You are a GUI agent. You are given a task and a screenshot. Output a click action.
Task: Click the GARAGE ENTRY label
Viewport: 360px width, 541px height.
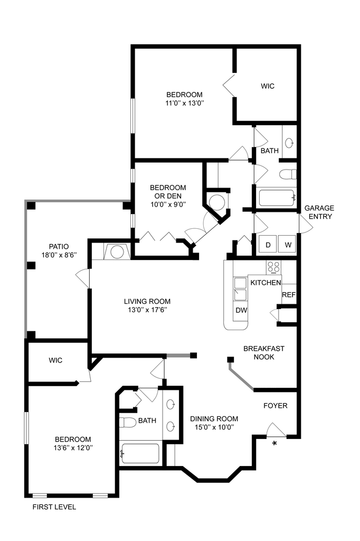click(319, 212)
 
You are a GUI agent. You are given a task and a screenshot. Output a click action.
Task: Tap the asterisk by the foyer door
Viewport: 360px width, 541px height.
click(274, 444)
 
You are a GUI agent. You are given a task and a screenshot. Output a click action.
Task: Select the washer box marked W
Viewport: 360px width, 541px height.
click(288, 245)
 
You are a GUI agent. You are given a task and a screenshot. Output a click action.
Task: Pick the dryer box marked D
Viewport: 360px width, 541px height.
click(268, 245)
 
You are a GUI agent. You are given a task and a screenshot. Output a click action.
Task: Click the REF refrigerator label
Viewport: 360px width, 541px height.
click(288, 295)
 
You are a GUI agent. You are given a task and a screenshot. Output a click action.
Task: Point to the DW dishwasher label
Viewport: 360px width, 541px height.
click(241, 310)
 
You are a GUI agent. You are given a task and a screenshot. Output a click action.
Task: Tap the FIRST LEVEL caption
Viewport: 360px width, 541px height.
click(54, 507)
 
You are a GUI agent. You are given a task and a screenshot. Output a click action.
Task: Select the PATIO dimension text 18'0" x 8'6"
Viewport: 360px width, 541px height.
click(59, 255)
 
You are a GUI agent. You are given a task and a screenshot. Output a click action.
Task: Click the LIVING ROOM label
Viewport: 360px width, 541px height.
click(147, 302)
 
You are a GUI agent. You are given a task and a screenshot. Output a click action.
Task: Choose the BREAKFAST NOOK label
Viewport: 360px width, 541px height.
click(264, 352)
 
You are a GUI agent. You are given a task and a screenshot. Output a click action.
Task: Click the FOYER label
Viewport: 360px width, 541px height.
click(276, 406)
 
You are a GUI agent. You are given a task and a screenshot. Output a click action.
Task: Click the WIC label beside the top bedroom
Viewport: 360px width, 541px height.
click(268, 86)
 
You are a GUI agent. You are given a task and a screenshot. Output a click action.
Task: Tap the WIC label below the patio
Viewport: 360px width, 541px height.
click(55, 360)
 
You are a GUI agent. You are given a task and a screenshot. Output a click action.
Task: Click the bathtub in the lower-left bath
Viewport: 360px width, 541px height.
click(140, 453)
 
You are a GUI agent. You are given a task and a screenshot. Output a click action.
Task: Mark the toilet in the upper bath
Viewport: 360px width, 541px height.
click(287, 174)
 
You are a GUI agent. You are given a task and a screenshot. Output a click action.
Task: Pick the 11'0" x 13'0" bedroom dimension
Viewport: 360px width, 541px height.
click(184, 103)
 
